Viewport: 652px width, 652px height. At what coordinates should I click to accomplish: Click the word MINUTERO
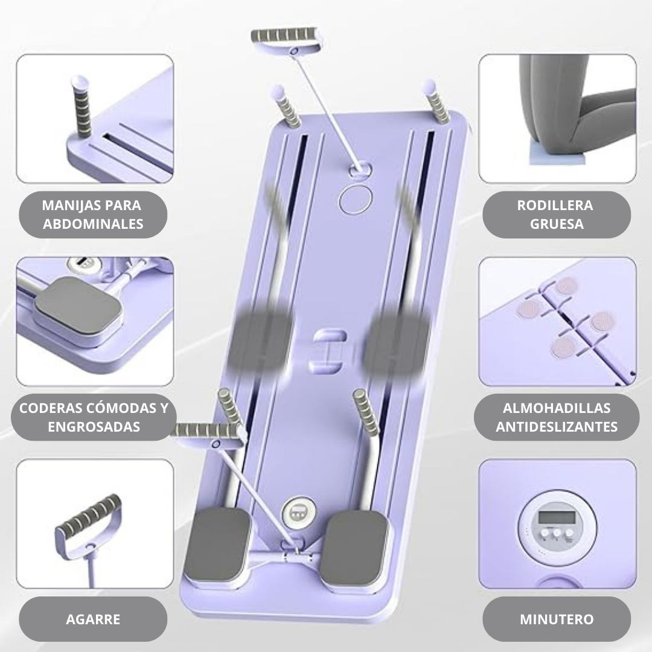(557, 619)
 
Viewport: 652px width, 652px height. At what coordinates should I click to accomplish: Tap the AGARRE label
(93, 619)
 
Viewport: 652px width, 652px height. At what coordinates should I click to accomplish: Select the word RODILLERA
(555, 205)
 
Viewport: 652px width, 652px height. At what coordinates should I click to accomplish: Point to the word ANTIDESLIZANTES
(557, 427)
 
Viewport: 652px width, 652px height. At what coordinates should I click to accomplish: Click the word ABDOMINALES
(93, 224)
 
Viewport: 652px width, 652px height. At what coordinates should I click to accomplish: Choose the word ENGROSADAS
(94, 427)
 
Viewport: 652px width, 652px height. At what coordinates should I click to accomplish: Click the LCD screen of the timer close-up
(557, 518)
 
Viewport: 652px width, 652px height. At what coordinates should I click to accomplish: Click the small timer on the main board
(297, 511)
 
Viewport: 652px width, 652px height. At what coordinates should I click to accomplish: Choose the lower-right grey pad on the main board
(354, 547)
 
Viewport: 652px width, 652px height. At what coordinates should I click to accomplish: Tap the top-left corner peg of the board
(286, 106)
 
